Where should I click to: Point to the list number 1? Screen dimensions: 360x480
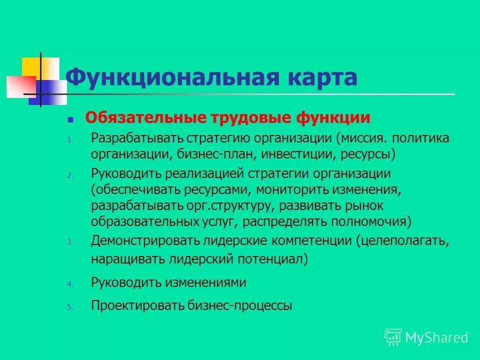point(70,140)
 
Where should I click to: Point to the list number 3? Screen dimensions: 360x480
point(70,242)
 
